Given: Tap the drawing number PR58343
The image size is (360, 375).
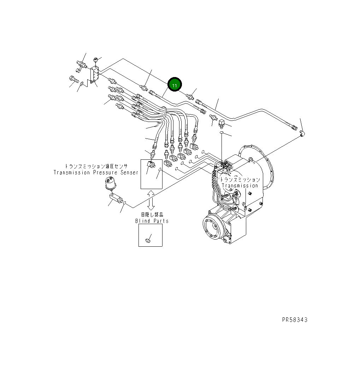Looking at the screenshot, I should pyautogui.click(x=295, y=320).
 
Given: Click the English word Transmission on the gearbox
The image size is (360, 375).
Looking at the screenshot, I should pyautogui.click(x=240, y=186).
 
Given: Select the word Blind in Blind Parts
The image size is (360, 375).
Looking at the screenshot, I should pyautogui.click(x=143, y=221).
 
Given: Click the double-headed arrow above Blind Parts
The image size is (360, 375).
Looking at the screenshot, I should pyautogui.click(x=151, y=200).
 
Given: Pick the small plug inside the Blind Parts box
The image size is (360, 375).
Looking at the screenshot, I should pyautogui.click(x=148, y=241).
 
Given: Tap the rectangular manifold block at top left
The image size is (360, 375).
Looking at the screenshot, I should pyautogui.click(x=95, y=75).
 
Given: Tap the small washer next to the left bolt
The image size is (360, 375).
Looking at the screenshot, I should pyautogui.click(x=82, y=83).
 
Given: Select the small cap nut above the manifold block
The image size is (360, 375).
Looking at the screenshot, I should pyautogui.click(x=95, y=59).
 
